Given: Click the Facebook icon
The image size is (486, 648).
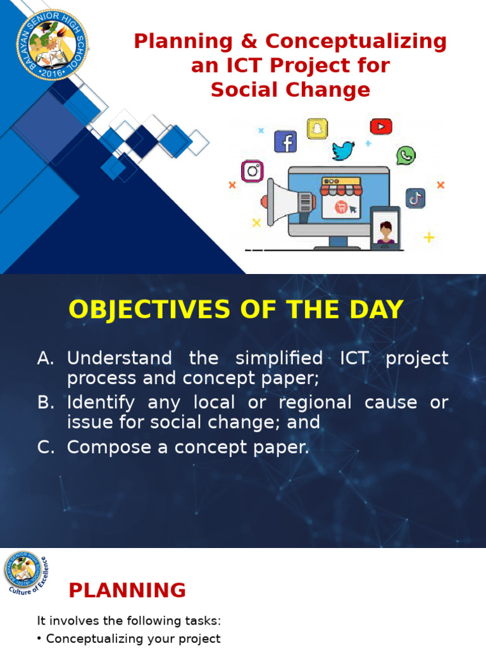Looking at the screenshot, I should tap(285, 141).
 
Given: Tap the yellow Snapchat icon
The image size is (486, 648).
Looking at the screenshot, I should tap(317, 128).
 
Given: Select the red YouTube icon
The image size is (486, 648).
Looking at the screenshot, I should tap(380, 127).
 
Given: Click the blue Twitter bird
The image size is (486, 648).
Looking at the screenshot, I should tap(343, 151).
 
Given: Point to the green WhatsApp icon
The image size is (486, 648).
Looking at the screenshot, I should tap(406, 155).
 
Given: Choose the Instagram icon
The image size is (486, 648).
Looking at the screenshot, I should tap(252, 171).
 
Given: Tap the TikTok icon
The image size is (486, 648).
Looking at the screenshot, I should tap(415, 198).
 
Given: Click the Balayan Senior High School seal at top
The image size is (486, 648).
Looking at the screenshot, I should tap(52, 44).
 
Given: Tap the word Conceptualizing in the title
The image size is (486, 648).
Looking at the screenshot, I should tap(356, 42).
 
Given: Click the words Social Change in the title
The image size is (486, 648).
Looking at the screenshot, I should tap(290, 90).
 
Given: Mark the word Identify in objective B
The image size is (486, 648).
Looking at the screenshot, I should tap(101, 402).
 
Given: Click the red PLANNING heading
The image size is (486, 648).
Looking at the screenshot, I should tap(127, 590).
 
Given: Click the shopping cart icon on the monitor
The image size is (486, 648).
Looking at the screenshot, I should tap(340, 206).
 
